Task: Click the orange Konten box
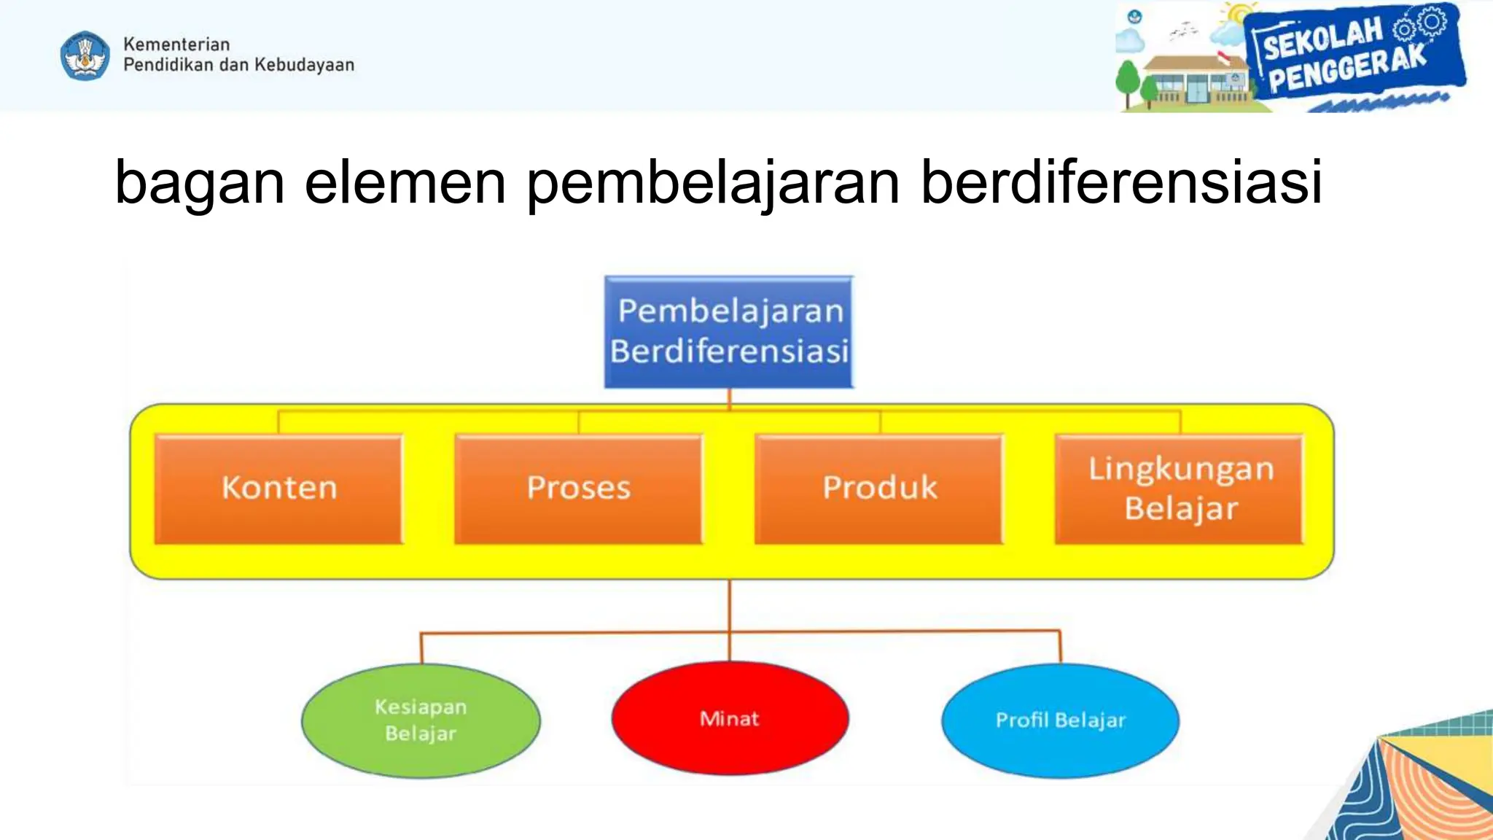click(x=279, y=489)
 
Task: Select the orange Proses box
click(x=579, y=489)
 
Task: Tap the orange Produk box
click(x=879, y=489)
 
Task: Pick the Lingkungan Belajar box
click(x=1180, y=489)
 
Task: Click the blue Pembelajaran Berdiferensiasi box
click(x=729, y=332)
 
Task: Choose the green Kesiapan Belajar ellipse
click(x=421, y=720)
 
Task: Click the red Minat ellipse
click(x=730, y=719)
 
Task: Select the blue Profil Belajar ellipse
click(x=1060, y=720)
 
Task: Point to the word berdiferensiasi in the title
click(x=1121, y=182)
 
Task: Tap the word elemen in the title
click(x=405, y=182)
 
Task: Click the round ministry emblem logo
click(x=85, y=55)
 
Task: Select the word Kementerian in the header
click(x=176, y=44)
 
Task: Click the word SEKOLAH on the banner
click(x=1322, y=39)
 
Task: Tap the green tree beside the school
click(x=1128, y=80)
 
